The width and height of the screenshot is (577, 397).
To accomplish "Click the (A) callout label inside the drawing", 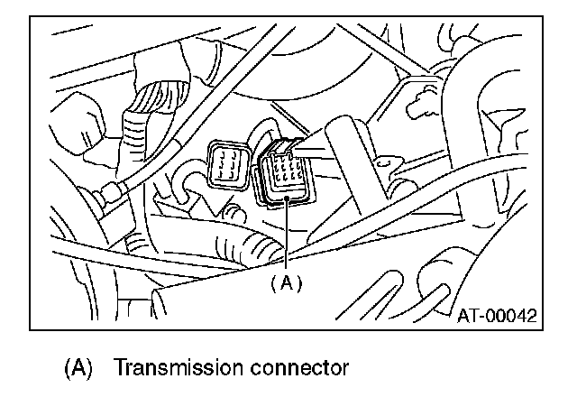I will pos(286,282).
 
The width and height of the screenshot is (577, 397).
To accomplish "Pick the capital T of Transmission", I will pos(121,368).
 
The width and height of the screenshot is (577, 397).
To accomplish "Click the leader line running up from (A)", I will pos(287,235).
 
